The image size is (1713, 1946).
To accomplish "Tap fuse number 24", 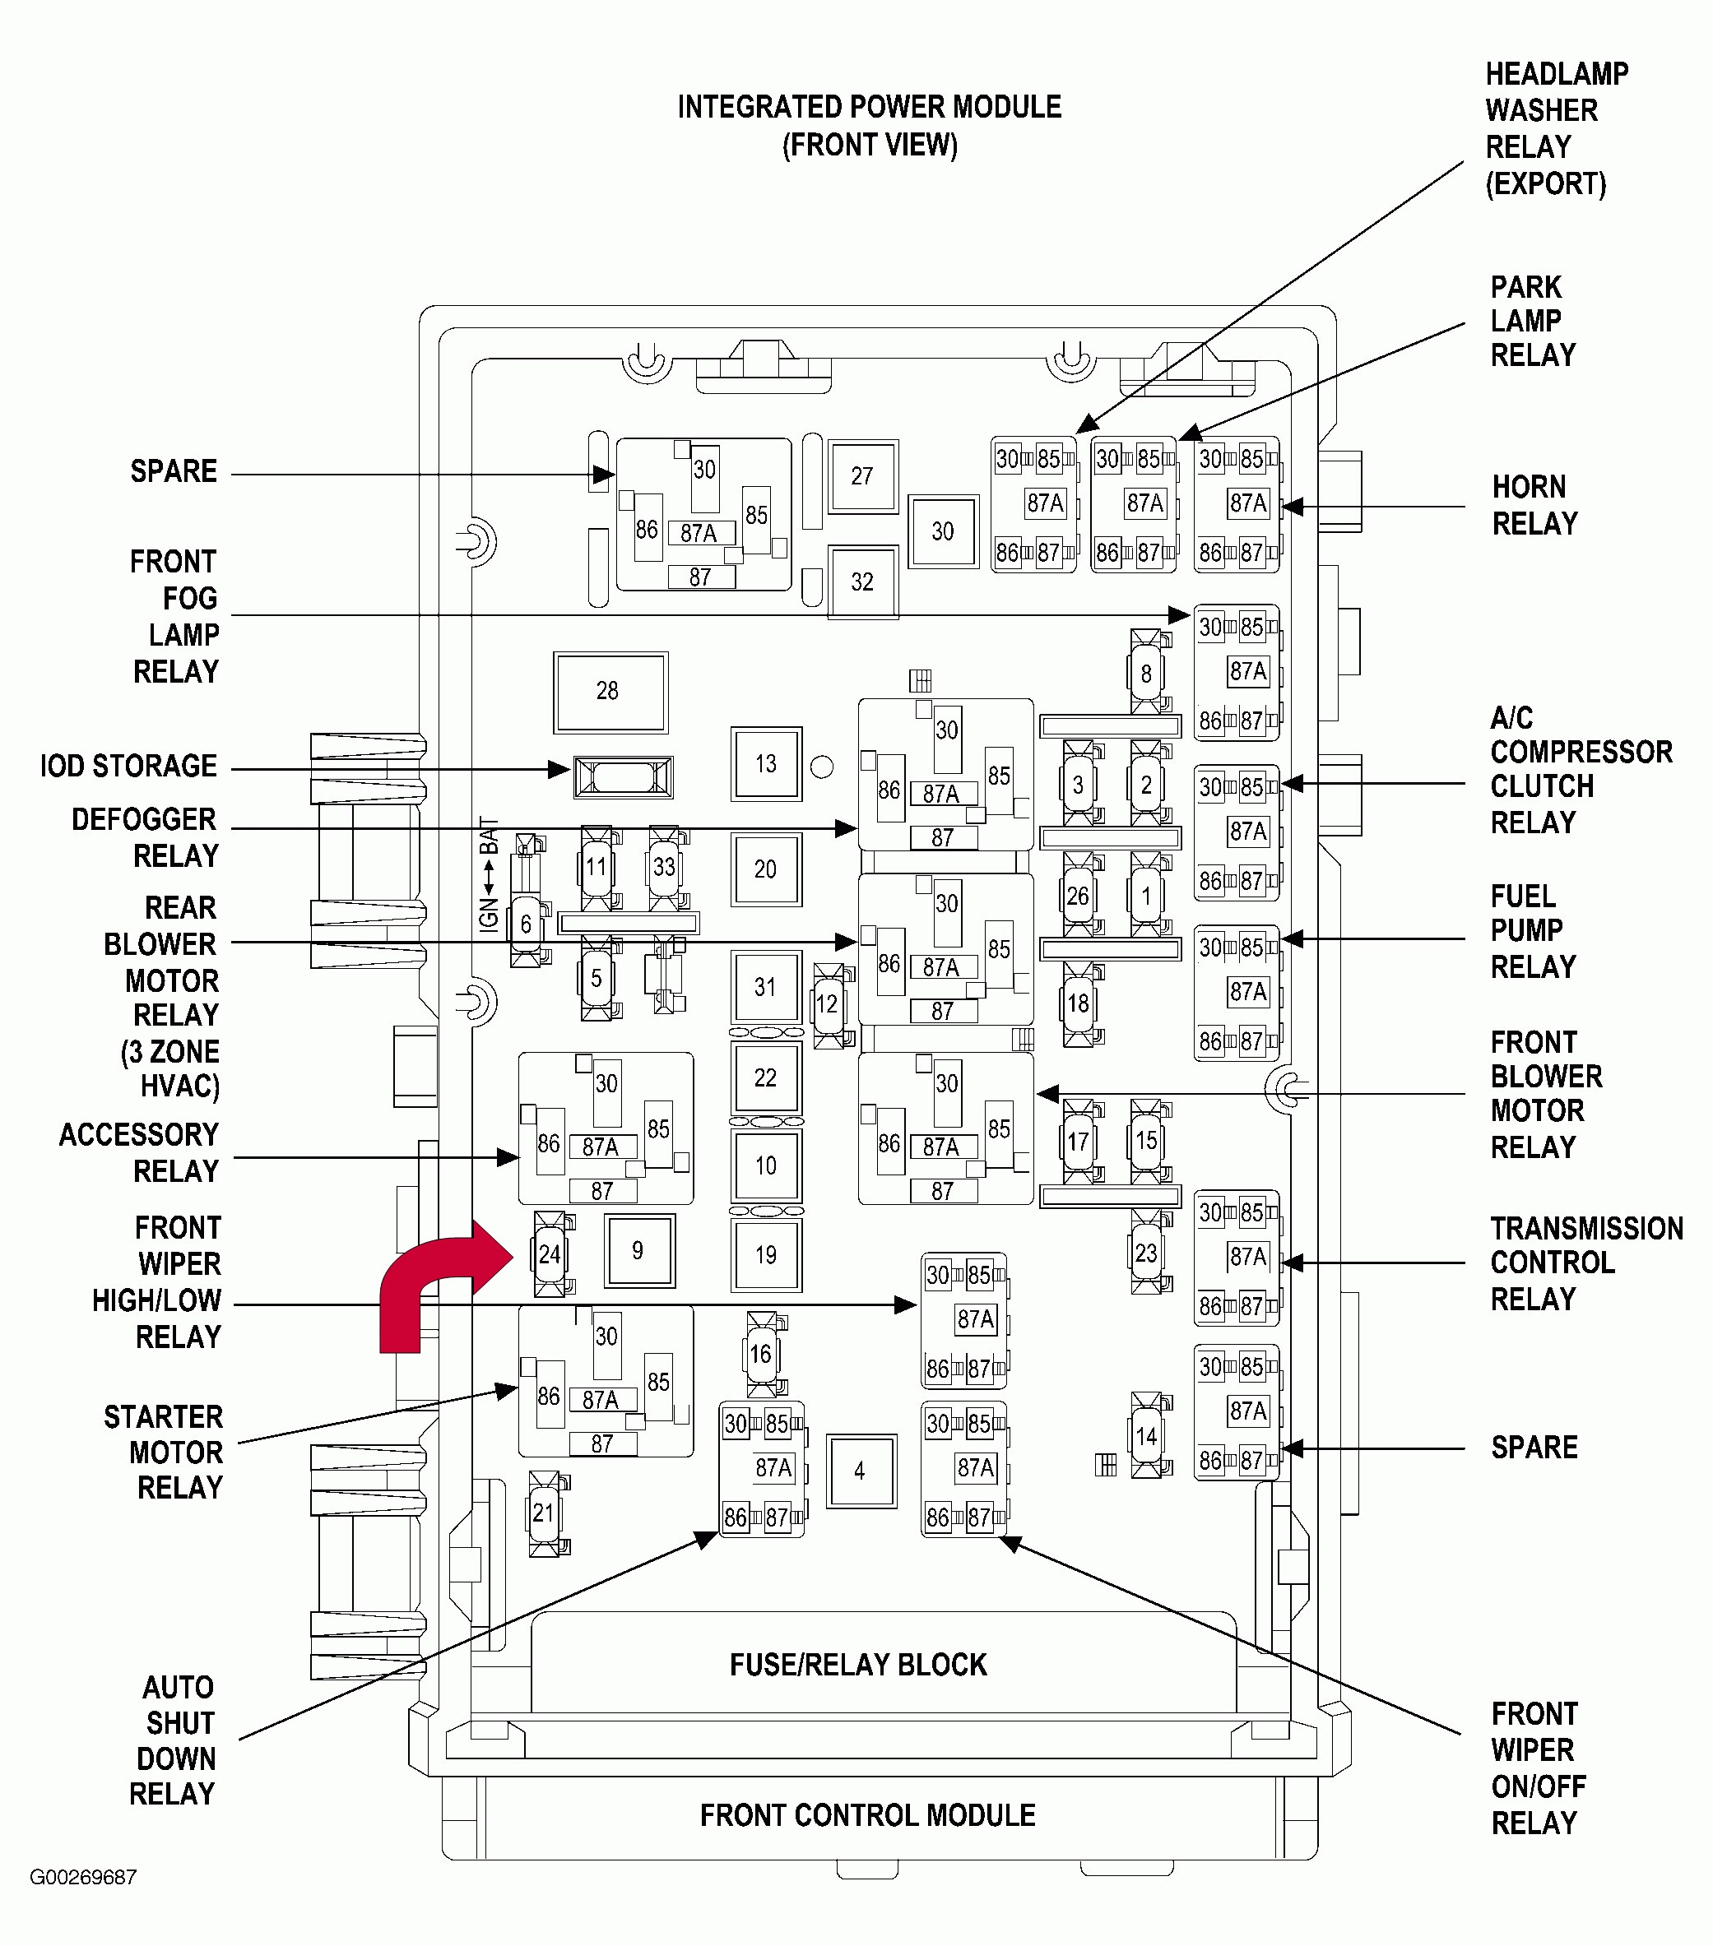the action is (550, 1253).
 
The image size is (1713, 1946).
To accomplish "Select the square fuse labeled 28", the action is (610, 693).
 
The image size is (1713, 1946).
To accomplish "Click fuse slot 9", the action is (639, 1251).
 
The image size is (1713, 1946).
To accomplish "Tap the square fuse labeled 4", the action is (861, 1471).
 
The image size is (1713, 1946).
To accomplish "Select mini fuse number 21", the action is (545, 1513).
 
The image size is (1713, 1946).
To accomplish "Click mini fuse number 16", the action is (762, 1355).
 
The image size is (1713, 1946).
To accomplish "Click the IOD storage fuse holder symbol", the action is (624, 778).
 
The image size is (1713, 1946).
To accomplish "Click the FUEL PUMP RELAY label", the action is (1533, 932).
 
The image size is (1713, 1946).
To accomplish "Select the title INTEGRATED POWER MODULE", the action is (870, 108).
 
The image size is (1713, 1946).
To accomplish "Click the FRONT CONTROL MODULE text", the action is (867, 1815).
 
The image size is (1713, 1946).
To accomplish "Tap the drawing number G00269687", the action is (84, 1878).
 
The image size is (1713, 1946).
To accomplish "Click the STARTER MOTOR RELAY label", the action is (164, 1452).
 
